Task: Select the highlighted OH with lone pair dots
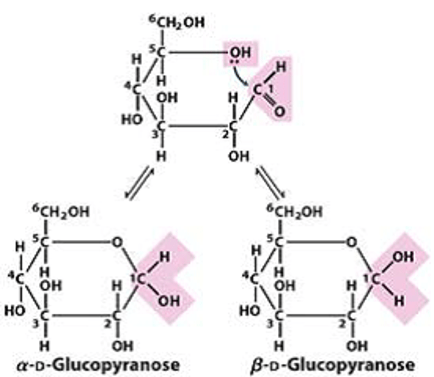point(240,53)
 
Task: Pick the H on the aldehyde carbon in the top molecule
point(281,68)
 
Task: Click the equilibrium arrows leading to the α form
point(139,183)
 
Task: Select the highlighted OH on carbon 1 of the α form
point(169,301)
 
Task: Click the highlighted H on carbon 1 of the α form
point(164,257)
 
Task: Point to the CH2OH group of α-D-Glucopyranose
point(62,211)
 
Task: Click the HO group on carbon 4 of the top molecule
point(132,119)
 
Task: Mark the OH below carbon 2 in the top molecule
point(239,156)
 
